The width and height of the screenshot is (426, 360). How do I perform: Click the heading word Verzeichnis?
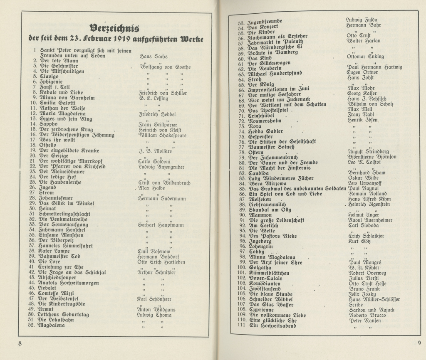coord(114,28)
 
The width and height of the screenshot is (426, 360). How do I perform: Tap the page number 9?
coord(419,343)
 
